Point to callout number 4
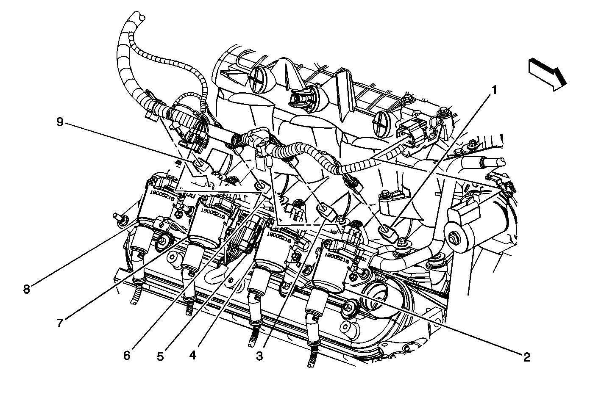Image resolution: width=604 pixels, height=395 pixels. coord(193,355)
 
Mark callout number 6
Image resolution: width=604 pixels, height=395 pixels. coord(127,355)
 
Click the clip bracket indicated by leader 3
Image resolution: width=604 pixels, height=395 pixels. coord(325,209)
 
